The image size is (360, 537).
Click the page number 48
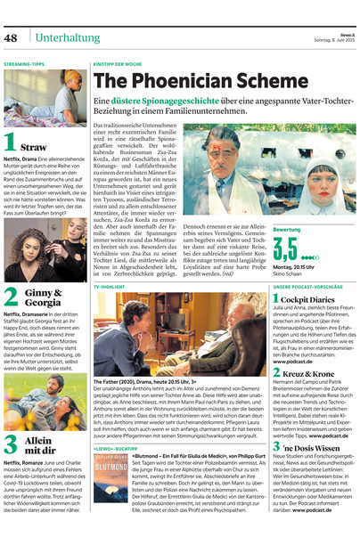pos(12,38)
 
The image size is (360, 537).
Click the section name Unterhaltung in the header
pos(67,38)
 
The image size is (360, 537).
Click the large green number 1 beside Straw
pos(10,142)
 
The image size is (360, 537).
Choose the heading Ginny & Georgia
pos(43,297)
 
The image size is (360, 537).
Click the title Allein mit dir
pos(38,444)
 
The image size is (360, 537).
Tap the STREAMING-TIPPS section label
pos(24,64)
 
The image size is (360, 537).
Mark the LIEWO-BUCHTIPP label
pos(114,451)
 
